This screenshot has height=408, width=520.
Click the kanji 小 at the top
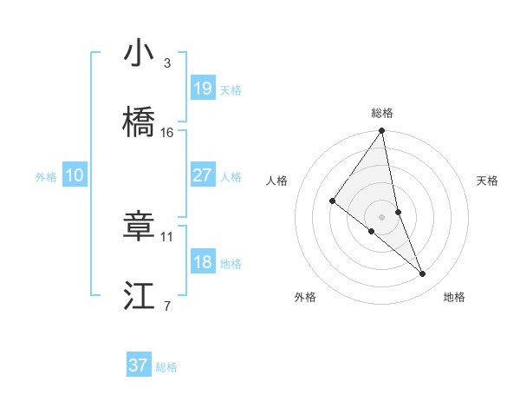[x=140, y=53]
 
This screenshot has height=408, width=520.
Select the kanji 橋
[x=140, y=122]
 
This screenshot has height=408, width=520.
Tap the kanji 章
[x=140, y=227]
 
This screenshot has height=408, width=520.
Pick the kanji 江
[x=140, y=296]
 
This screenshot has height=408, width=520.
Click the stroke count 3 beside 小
[x=167, y=63]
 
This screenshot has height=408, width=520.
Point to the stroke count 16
[x=167, y=132]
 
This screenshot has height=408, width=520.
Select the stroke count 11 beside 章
[x=167, y=236]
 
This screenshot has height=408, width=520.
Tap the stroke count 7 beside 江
[x=167, y=306]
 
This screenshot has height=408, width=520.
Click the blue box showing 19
[x=203, y=88]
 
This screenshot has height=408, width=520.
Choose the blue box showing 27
[x=203, y=174]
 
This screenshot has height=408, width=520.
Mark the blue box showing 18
[x=203, y=261]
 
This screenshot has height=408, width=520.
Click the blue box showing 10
[x=75, y=175]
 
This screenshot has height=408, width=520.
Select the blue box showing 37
[x=139, y=365]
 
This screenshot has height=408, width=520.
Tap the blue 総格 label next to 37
[x=166, y=367]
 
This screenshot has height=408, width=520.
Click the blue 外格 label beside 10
[x=46, y=177]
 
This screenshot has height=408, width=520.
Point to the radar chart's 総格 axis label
[x=382, y=113]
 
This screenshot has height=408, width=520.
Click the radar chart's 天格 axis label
[x=488, y=181]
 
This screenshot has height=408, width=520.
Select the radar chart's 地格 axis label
[x=454, y=298]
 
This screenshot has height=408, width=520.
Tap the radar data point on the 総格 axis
[x=382, y=131]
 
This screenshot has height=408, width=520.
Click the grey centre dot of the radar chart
[x=382, y=216]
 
